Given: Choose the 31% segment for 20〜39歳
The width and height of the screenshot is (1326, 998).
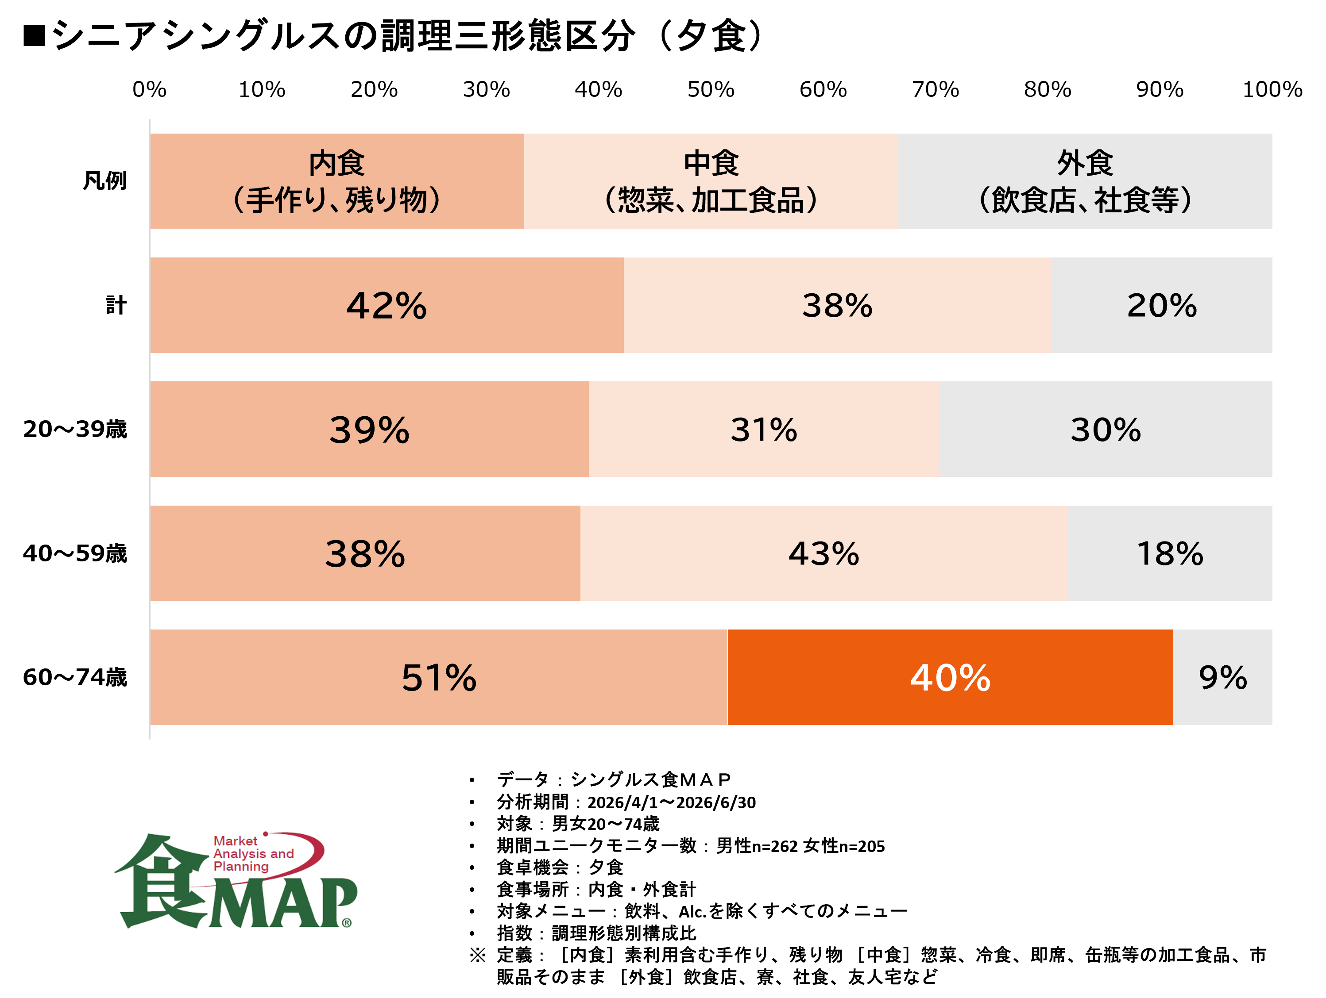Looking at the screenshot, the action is (x=764, y=429).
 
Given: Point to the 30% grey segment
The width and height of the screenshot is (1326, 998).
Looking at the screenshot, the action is (x=1106, y=429).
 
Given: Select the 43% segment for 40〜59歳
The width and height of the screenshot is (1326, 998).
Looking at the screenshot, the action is (x=823, y=553).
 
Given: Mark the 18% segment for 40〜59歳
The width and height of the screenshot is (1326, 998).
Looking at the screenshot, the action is (x=1170, y=553).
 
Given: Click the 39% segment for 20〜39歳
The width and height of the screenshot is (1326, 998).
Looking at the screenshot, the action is (x=369, y=429).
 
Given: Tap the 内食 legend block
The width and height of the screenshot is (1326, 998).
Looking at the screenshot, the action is (x=337, y=181).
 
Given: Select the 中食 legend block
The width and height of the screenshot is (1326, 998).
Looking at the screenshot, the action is (x=711, y=181).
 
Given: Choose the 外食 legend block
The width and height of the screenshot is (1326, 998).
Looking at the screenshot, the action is (x=1086, y=181).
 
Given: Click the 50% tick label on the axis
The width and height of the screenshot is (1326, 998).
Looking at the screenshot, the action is (x=711, y=89).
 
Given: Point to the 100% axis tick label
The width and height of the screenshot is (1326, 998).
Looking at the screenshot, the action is (x=1272, y=89).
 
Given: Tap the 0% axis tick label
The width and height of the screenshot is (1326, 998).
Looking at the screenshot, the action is (x=149, y=89).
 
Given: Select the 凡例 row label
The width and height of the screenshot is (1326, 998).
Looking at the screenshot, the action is (x=105, y=180).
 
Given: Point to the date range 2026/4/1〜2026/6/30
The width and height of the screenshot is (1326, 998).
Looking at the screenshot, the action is (x=671, y=802).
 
